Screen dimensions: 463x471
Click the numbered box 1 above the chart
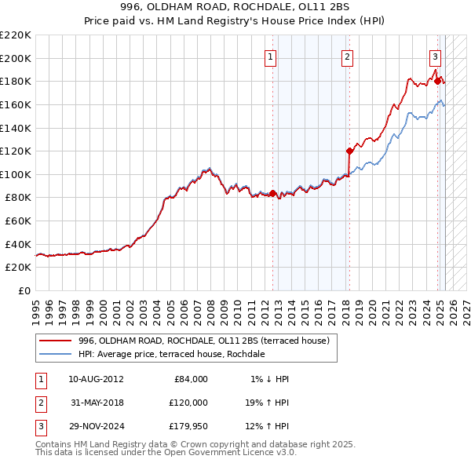(270, 57)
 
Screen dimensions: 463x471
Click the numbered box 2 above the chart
(347, 57)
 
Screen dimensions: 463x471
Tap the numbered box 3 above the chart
(434, 57)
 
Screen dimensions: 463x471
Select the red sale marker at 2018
(349, 150)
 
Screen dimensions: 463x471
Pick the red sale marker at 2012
(272, 193)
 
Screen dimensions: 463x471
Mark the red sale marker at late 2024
(437, 80)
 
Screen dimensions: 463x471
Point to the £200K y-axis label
(16, 58)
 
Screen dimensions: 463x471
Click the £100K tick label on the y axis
(16, 174)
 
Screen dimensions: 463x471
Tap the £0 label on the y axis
(24, 290)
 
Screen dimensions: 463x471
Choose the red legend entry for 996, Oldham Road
(208, 341)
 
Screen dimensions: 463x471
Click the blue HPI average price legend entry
(171, 354)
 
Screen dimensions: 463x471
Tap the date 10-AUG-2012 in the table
(96, 379)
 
